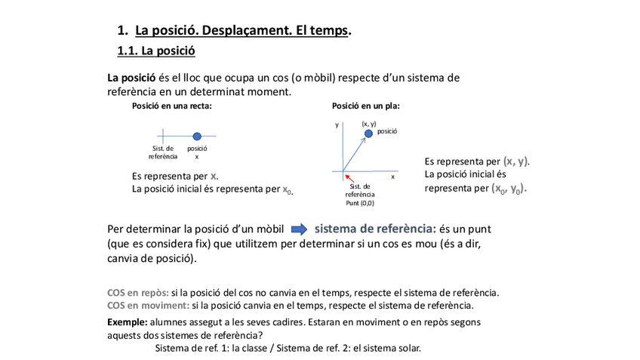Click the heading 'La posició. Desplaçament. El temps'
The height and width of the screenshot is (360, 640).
[x=242, y=31]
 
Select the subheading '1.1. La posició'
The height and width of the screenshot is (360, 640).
[x=156, y=51]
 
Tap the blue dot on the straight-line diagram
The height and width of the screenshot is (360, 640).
[x=197, y=137]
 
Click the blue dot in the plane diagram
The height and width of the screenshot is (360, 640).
[x=368, y=134]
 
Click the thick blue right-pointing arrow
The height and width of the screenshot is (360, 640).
[x=300, y=229]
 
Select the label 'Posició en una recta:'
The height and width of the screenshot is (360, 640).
[x=172, y=106]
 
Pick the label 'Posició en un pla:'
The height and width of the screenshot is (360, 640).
[x=366, y=106]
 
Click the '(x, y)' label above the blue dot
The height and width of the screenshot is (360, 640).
[x=369, y=123]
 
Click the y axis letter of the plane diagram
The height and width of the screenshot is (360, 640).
[x=337, y=125]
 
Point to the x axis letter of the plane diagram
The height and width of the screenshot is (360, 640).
[x=393, y=176]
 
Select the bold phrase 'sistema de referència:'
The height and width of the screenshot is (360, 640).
[x=375, y=228]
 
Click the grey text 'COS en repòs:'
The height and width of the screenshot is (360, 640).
[x=138, y=293]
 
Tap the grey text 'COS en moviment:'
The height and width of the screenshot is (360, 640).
[x=148, y=306]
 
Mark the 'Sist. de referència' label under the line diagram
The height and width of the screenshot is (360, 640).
[x=163, y=152]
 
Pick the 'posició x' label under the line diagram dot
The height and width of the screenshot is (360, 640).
[x=197, y=152]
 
